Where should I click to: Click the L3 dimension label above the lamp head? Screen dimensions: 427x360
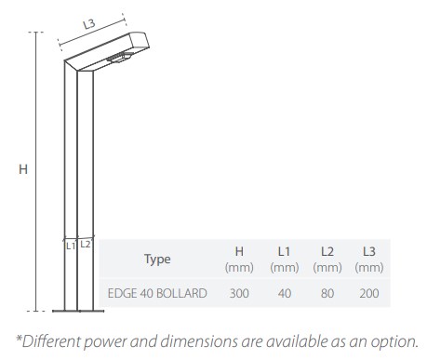89,24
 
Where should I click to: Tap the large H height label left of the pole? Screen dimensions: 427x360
23,169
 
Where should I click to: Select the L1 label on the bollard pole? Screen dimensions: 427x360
71,246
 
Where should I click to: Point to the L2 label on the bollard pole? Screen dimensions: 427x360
85,245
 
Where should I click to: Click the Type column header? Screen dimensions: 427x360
157,260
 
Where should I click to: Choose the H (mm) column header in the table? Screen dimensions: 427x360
239,260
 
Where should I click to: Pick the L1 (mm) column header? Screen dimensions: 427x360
285,260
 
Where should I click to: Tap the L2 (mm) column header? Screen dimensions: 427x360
327,260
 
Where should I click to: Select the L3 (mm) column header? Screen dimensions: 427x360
369,260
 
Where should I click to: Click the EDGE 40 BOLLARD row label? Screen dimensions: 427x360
157,293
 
